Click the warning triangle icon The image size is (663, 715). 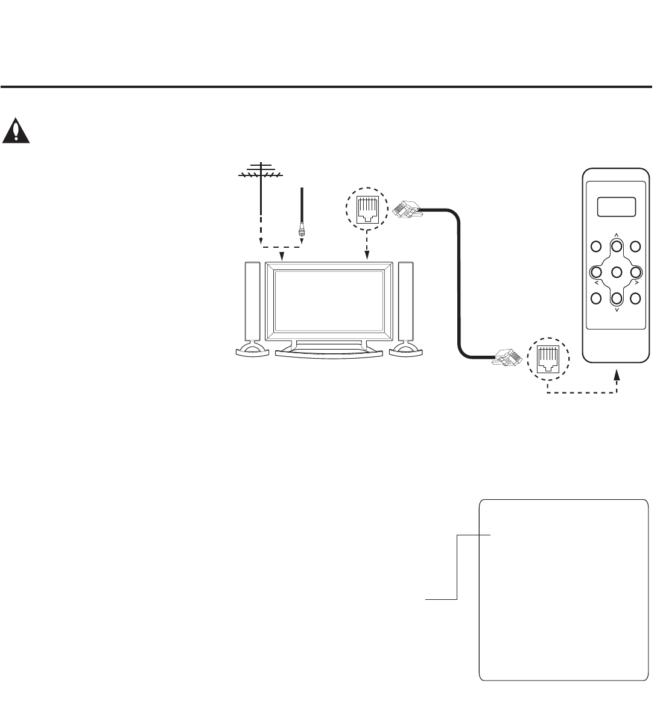[16, 131]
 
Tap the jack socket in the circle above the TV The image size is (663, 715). [367, 207]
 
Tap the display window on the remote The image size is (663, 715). [616, 207]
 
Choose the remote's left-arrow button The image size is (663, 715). [595, 272]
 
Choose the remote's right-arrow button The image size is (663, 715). [635, 272]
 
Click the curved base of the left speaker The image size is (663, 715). [253, 350]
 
